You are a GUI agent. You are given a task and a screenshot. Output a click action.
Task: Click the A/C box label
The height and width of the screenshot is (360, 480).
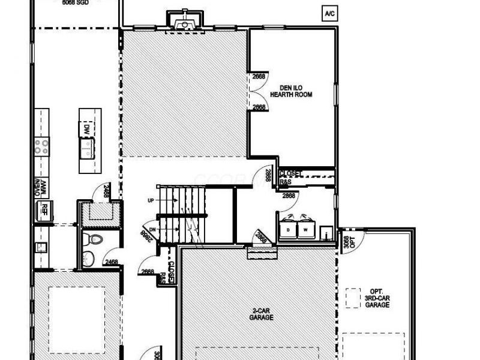click(329, 13)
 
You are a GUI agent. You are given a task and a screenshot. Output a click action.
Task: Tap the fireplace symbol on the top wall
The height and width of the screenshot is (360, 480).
click(184, 22)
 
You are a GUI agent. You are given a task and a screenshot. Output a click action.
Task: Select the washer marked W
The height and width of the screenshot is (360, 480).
click(305, 229)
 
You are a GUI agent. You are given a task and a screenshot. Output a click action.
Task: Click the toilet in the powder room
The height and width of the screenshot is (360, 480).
click(94, 239)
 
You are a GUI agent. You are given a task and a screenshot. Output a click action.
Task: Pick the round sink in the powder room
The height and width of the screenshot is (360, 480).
click(89, 259)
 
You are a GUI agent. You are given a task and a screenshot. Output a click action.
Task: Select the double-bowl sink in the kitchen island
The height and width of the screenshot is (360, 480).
click(87, 147)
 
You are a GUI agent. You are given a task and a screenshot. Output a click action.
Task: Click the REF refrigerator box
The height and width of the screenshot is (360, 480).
click(43, 209)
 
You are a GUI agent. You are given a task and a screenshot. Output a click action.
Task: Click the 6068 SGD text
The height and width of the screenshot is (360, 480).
click(75, 3)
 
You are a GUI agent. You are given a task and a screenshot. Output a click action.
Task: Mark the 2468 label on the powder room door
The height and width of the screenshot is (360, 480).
click(112, 262)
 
